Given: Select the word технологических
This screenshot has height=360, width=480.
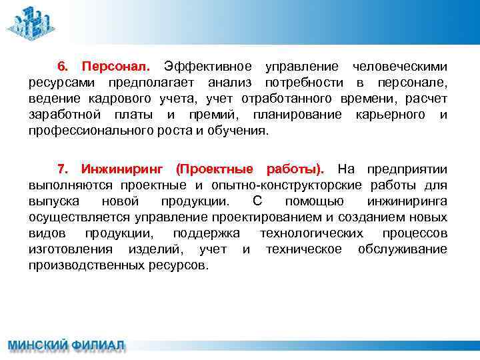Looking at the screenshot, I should (x=311, y=233).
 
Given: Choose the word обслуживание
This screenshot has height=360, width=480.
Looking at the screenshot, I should (x=403, y=249).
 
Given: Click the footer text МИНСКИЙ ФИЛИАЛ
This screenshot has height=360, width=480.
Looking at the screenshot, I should (x=66, y=346).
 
